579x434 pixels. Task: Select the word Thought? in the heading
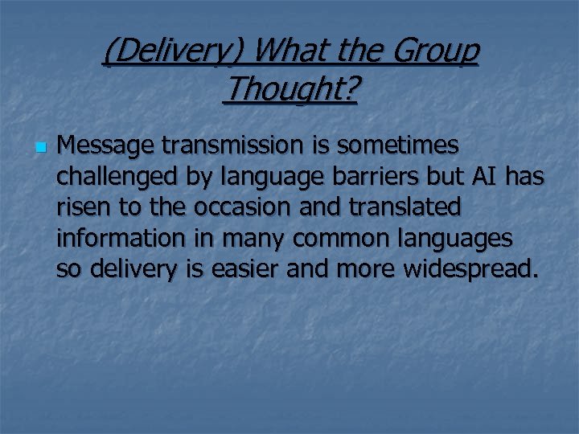[290, 89]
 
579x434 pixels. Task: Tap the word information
[110, 239]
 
